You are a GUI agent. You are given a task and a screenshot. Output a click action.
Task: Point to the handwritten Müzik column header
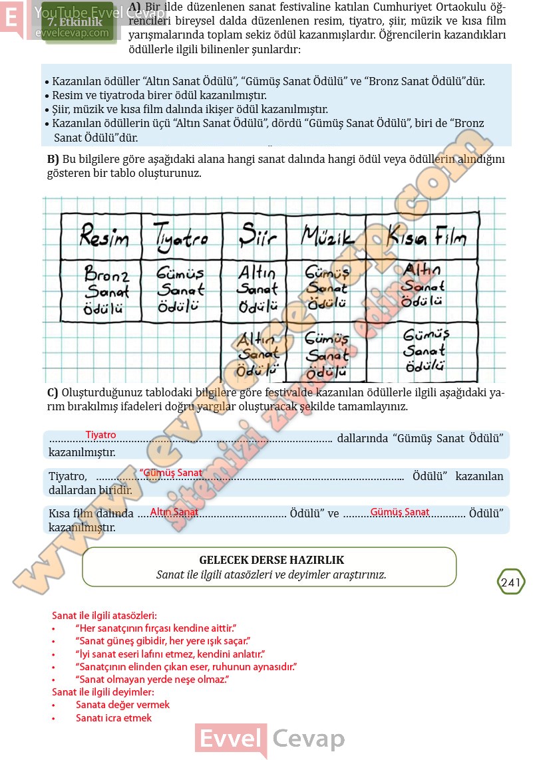coord(325,236)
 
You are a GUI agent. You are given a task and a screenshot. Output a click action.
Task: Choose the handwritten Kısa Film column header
coord(427,236)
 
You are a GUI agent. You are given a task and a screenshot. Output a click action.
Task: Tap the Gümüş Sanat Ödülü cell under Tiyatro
coord(180,290)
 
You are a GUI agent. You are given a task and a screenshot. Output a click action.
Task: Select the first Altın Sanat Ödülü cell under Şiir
coord(258,290)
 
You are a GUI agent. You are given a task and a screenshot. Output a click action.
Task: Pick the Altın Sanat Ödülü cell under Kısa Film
coord(423,285)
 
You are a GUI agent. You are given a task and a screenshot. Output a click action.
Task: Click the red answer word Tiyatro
coord(100,435)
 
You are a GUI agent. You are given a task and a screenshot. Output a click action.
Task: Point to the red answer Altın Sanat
coord(174,512)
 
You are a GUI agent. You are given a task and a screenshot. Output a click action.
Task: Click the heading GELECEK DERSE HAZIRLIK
coord(271,560)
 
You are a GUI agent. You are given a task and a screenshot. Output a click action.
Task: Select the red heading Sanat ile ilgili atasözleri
coord(104,616)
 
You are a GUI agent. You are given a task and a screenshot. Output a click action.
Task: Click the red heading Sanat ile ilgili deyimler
coord(102,692)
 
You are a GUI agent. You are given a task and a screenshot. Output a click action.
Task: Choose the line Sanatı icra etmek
coord(114,718)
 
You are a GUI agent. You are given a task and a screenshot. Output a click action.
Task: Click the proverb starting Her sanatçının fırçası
coord(156,628)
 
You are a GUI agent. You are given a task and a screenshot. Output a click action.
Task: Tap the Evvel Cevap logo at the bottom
coord(270,738)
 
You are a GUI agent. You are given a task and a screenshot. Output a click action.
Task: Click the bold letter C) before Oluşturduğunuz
coord(53,392)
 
